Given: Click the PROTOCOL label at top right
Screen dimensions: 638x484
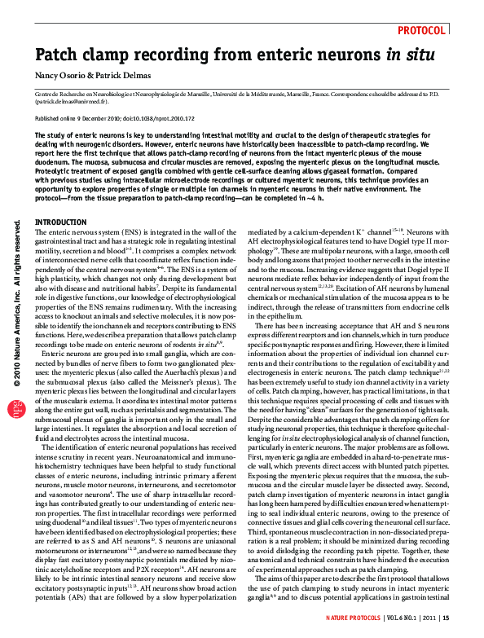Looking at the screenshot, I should tap(421, 30).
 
